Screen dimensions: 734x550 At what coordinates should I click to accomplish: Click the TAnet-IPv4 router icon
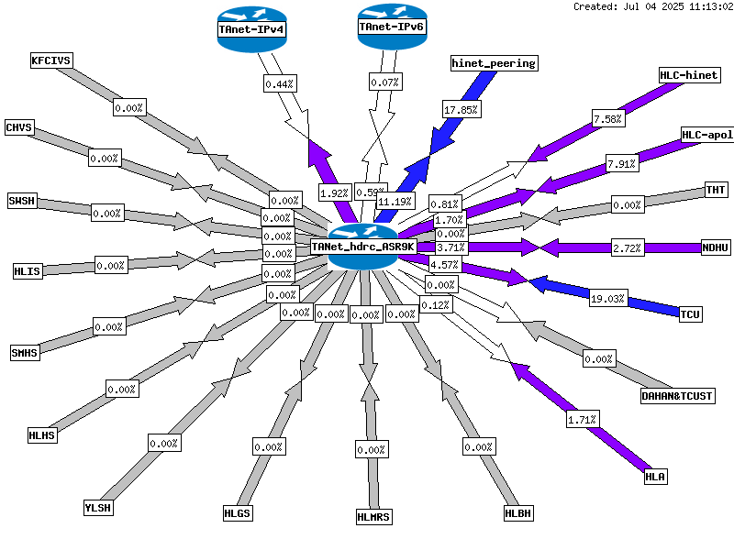pyautogui.click(x=251, y=29)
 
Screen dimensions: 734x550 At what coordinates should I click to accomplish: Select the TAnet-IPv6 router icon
pyautogui.click(x=393, y=27)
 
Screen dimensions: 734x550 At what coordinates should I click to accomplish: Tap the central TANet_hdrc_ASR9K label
pyautogui.click(x=362, y=247)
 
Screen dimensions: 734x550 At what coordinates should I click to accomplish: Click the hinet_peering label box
pyautogui.click(x=494, y=63)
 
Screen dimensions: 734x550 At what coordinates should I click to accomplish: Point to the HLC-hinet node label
pyautogui.click(x=689, y=75)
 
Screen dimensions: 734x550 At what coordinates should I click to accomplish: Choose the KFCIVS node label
pyautogui.click(x=51, y=60)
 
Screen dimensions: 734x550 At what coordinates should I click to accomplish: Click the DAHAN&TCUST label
pyautogui.click(x=677, y=396)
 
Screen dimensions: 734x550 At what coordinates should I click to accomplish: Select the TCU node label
pyautogui.click(x=690, y=313)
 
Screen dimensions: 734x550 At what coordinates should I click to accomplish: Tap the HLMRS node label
pyautogui.click(x=373, y=517)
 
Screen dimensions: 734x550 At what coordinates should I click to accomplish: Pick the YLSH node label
pyautogui.click(x=98, y=508)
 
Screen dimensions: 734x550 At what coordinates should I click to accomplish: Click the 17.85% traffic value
pyautogui.click(x=462, y=110)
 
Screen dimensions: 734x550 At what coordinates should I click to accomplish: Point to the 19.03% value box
pyautogui.click(x=607, y=299)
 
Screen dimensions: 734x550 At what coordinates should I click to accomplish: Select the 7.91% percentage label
pyautogui.click(x=622, y=164)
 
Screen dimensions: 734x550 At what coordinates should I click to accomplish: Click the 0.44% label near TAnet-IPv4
pyautogui.click(x=280, y=84)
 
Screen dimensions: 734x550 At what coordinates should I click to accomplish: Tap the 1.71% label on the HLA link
pyautogui.click(x=582, y=420)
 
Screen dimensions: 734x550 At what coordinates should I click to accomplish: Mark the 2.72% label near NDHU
pyautogui.click(x=627, y=247)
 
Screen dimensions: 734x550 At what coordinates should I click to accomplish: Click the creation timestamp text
pyautogui.click(x=653, y=6)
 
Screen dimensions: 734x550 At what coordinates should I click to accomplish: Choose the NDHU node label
pyautogui.click(x=716, y=247)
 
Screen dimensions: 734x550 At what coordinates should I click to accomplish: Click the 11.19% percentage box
pyautogui.click(x=395, y=202)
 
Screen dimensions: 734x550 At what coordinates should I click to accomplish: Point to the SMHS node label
pyautogui.click(x=25, y=353)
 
